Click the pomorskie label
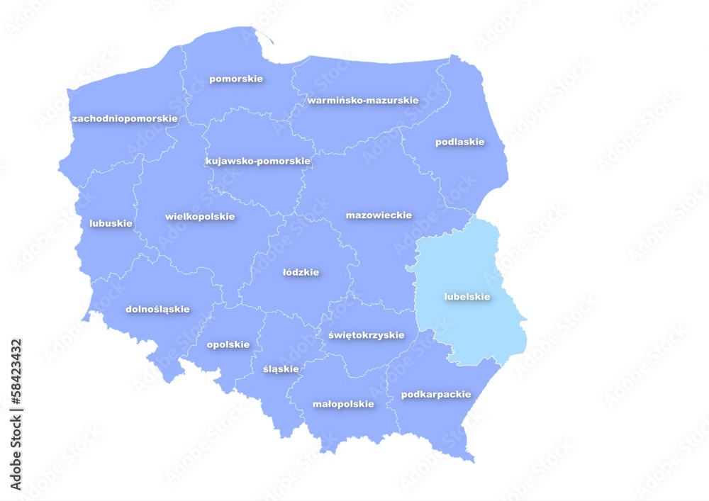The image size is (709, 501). coord(235,79)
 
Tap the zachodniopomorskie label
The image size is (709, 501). coord(125,118)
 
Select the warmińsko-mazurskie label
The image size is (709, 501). coord(362,101)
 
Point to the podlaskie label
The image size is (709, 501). coord(459,142)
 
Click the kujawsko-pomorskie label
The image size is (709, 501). coord(258,161)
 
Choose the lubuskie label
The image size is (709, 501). coord(111,223)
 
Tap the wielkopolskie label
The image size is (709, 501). coord(199,216)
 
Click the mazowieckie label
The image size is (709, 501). coord(379,215)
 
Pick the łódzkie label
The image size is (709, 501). coord(301,272)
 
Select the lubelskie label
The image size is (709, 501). coord(467,297)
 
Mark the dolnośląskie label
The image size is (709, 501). coord(157,309)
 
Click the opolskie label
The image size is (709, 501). coord(228,344)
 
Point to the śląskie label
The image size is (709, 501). coord(281,368)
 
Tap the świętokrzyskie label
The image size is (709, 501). coord(366,334)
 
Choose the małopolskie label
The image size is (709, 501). coord(343,404)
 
